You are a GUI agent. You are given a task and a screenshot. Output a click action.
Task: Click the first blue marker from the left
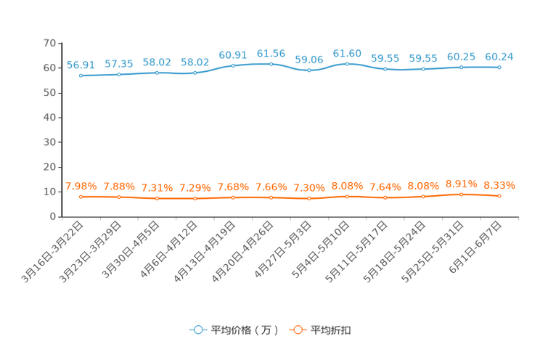click(x=81, y=75)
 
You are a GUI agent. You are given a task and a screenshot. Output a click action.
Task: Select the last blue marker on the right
click(x=499, y=67)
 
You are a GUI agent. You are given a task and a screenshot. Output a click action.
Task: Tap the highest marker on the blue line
click(x=347, y=64)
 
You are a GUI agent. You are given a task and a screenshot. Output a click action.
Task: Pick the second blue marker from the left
click(x=119, y=74)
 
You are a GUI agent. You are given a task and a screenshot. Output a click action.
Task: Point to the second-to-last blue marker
click(x=461, y=67)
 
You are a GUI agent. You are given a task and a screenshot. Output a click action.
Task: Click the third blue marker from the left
click(x=157, y=73)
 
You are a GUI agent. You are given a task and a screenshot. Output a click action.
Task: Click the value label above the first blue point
click(x=81, y=65)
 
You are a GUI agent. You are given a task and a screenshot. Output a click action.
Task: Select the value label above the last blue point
click(x=499, y=56)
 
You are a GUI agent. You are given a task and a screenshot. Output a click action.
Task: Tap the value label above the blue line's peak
click(x=347, y=53)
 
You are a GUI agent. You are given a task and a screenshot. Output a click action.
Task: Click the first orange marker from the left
click(x=81, y=197)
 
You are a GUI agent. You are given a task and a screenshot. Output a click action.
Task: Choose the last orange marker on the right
click(x=499, y=196)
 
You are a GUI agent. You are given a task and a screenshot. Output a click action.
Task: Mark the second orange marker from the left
click(x=119, y=197)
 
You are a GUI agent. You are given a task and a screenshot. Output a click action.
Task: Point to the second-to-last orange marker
click(x=461, y=195)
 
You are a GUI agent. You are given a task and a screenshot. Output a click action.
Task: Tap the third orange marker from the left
click(x=157, y=198)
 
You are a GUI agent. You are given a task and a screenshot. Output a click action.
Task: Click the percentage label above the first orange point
click(x=81, y=186)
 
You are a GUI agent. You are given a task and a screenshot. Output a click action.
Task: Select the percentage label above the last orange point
click(x=499, y=185)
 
